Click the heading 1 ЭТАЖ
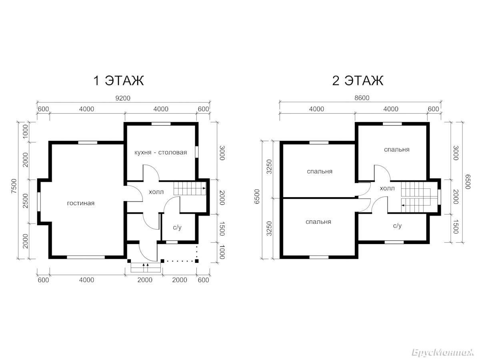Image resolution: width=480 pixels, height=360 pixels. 118,80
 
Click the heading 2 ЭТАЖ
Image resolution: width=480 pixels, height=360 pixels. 358,80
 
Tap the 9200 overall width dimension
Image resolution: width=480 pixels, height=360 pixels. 123,98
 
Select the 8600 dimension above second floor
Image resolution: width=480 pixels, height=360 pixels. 362,98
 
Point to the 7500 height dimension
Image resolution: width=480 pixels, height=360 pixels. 14,186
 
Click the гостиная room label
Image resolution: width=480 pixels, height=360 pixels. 81,203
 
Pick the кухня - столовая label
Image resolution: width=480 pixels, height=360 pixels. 161,152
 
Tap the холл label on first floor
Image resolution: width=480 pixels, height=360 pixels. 156,192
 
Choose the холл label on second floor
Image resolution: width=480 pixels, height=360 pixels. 387,188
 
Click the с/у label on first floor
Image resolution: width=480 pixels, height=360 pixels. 177,228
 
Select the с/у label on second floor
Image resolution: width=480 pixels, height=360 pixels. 397,226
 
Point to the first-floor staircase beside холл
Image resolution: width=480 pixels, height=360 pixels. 190,188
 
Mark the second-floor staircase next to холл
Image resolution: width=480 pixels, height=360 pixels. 416,197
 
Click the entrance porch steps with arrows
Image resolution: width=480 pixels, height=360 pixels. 146,268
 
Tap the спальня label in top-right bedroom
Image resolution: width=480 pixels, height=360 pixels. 397,150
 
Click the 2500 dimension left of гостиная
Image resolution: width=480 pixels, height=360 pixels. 26,201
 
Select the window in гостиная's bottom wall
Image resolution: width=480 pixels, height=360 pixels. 86,257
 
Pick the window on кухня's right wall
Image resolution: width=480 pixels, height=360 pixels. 197,152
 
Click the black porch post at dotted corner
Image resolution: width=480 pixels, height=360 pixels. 197,261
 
